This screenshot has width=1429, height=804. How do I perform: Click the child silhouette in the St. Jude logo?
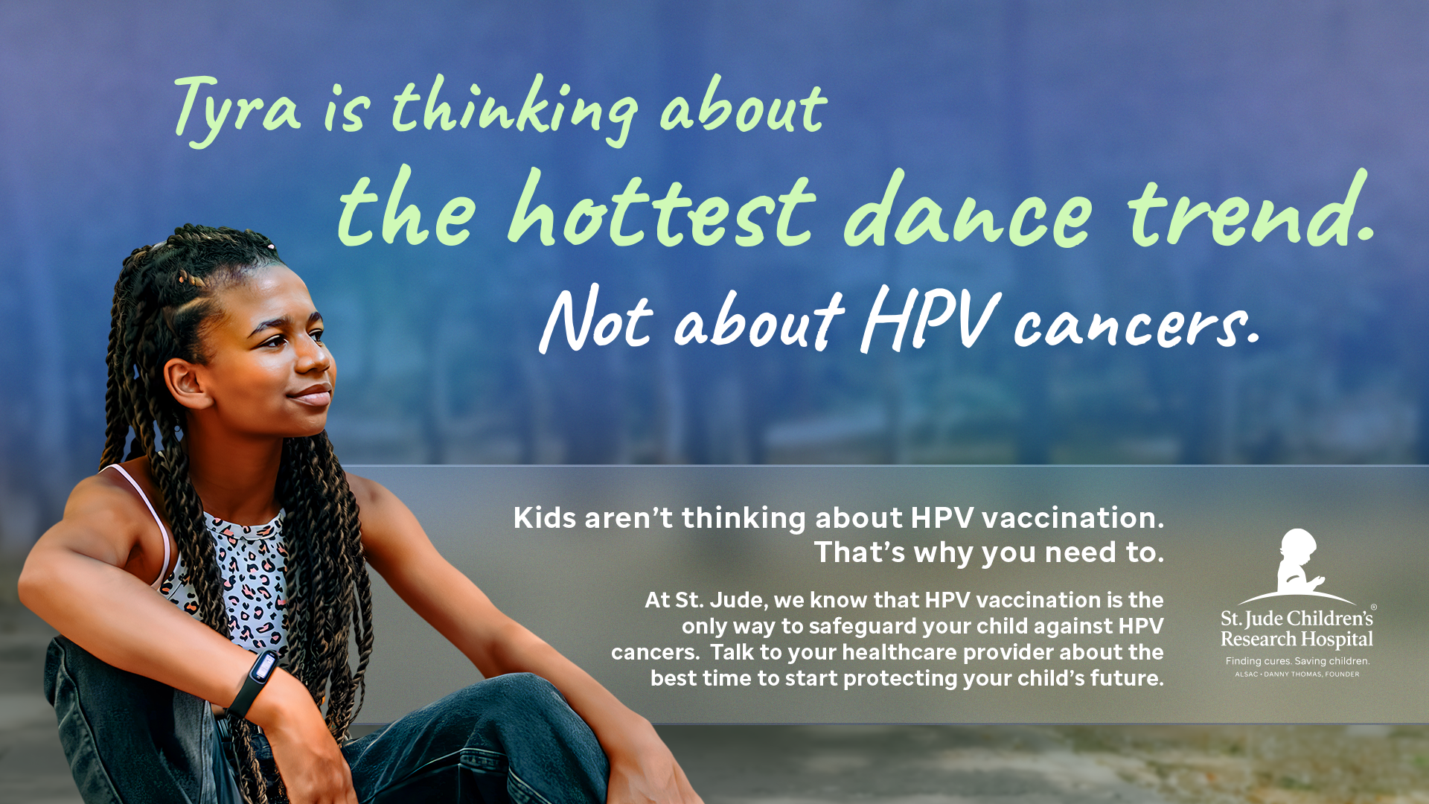(x=1297, y=562)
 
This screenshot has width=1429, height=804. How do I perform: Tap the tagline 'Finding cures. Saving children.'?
(x=1297, y=661)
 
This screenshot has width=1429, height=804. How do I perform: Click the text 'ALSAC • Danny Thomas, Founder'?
(x=1297, y=674)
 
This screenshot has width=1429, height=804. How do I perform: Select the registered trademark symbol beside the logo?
(x=1373, y=607)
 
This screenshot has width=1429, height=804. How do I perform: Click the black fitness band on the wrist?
(x=253, y=681)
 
